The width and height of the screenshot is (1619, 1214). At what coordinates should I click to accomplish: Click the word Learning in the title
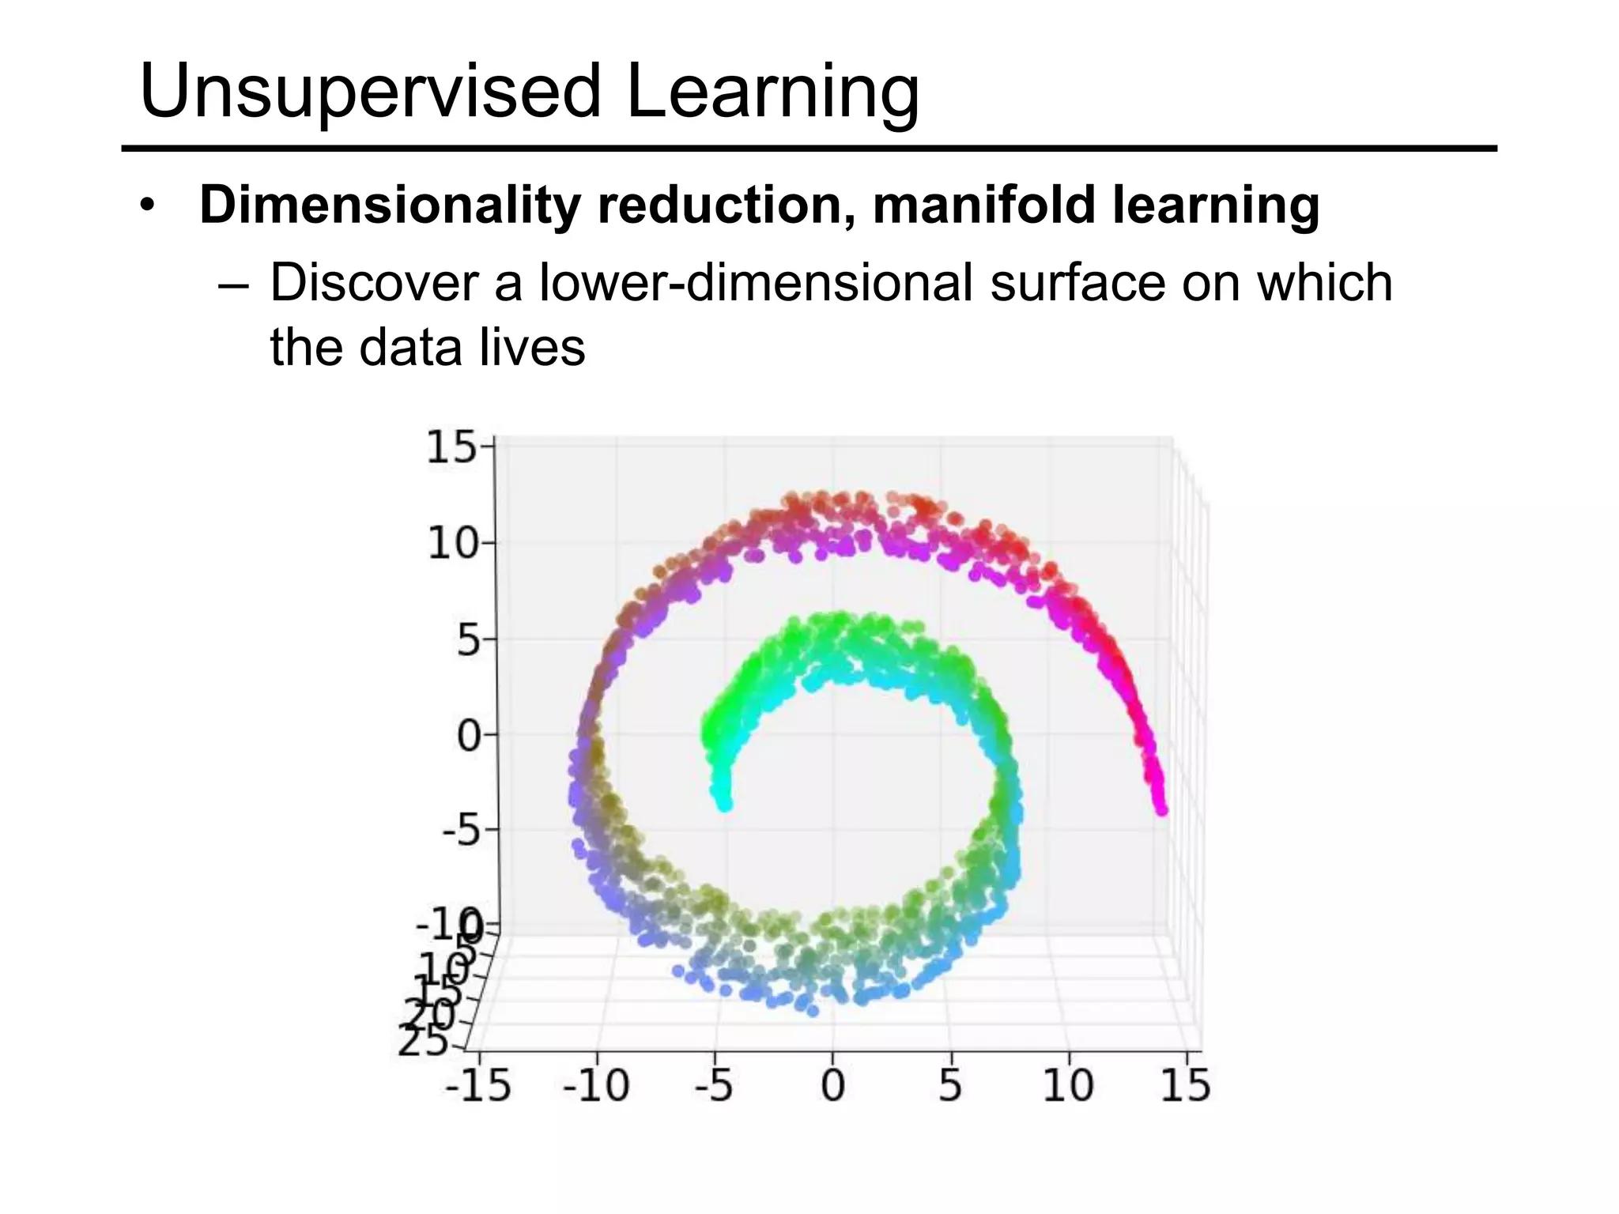click(772, 93)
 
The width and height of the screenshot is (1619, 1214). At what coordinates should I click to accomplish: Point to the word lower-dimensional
click(756, 283)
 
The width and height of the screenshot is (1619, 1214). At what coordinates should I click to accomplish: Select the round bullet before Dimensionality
click(145, 207)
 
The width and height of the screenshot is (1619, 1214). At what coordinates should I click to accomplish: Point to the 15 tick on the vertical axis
click(451, 448)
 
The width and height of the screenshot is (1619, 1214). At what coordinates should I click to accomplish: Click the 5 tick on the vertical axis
click(467, 641)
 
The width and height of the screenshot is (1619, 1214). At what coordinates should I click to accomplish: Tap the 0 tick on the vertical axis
click(468, 737)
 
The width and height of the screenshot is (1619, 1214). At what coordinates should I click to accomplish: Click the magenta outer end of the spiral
click(1160, 808)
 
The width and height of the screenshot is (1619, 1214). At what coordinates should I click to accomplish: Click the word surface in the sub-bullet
click(1077, 283)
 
